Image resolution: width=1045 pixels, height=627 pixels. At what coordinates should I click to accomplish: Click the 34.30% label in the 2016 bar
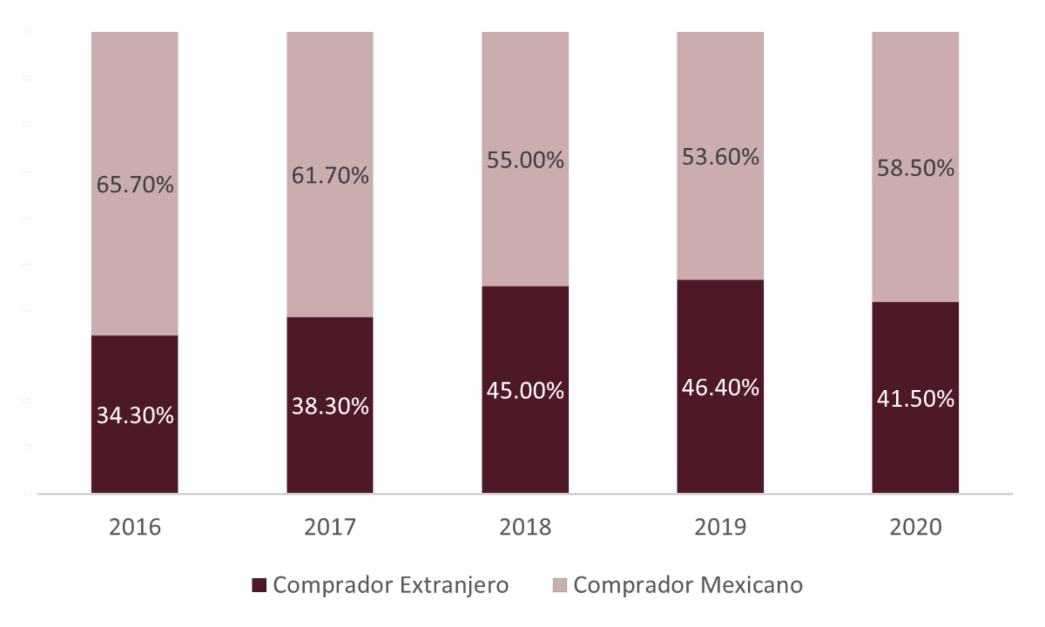134,416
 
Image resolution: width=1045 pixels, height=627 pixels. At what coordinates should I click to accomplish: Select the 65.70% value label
134,185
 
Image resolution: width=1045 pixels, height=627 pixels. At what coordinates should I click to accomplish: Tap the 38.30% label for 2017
330,406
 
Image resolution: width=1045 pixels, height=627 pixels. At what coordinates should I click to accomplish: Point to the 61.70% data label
330,177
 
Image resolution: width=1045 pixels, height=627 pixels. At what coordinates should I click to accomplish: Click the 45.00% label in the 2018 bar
525,391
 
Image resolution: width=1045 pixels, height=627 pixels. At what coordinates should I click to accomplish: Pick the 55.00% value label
525,161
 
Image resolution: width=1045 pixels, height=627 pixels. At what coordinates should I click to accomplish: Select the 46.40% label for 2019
720,388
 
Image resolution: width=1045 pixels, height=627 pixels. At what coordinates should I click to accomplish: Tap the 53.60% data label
720,158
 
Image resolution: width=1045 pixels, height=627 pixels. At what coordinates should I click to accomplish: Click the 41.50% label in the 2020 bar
915,399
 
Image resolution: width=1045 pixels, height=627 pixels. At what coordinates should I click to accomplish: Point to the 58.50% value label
915,169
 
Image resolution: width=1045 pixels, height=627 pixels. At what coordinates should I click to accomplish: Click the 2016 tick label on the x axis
134,529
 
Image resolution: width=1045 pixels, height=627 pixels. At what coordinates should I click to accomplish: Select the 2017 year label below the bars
330,529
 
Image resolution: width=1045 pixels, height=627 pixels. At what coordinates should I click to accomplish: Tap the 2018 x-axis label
525,529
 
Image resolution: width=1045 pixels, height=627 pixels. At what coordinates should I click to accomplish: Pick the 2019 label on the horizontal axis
720,529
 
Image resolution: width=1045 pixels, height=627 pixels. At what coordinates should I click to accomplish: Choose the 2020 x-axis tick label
915,529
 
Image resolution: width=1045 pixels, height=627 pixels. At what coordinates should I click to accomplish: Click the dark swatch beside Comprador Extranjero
259,585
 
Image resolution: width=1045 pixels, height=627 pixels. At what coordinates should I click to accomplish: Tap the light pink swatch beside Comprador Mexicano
559,585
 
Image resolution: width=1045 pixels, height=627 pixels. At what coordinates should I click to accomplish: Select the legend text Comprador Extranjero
390,585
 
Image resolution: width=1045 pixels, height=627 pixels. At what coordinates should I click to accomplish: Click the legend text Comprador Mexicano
688,585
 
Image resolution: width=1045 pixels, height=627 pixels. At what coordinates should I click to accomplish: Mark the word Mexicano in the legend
751,585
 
